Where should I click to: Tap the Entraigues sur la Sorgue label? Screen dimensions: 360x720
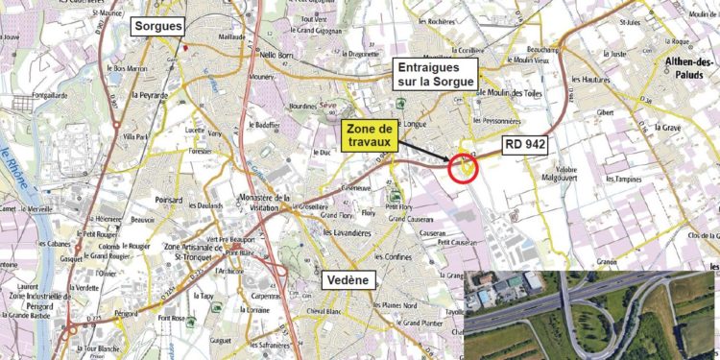click(x=436, y=75)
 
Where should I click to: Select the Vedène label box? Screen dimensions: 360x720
click(x=348, y=280)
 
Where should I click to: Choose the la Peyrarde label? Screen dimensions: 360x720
click(x=149, y=95)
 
